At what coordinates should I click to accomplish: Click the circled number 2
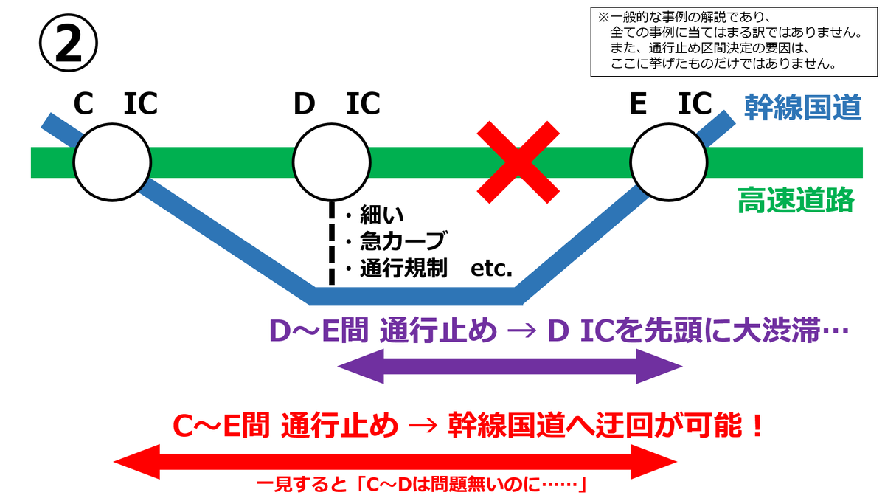68,44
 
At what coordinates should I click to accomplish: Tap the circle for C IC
111,162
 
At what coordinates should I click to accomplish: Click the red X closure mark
518,162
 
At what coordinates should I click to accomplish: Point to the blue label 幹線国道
802,108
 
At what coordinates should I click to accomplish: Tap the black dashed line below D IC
331,243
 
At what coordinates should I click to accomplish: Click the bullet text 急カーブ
402,242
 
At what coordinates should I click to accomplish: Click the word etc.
492,269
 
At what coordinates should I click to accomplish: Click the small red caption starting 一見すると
420,486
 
